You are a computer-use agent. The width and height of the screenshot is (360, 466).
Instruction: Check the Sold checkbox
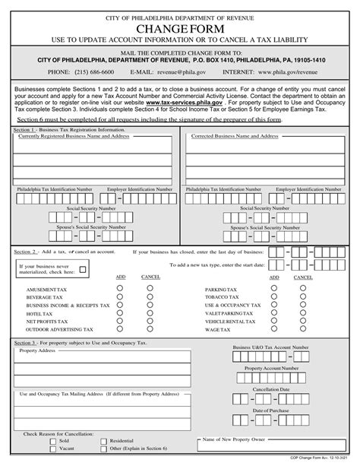[52, 440]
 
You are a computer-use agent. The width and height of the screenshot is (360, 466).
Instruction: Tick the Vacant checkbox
[52, 449]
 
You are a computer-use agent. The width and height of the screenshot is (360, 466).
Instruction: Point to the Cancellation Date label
[270, 388]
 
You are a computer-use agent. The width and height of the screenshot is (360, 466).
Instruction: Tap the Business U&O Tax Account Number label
[270, 347]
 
